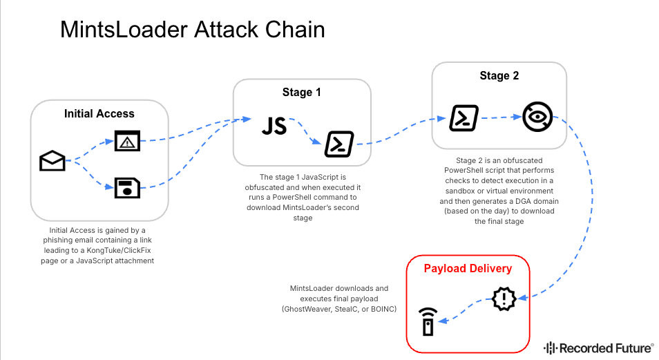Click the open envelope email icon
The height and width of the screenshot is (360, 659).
(52, 161)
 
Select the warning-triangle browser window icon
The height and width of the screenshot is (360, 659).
(127, 141)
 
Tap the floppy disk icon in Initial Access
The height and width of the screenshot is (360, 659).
(127, 188)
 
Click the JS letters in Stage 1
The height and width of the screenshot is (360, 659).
(274, 126)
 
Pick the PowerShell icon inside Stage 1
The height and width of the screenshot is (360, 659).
(339, 144)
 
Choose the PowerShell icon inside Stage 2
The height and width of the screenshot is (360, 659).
(464, 118)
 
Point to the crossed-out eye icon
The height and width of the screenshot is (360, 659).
(537, 117)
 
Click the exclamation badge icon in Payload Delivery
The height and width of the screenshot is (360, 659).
(504, 299)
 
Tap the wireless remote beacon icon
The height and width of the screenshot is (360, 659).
(428, 322)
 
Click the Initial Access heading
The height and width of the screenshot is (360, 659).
(99, 113)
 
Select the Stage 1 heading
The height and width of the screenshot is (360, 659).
(302, 92)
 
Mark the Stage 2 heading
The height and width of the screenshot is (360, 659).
(499, 76)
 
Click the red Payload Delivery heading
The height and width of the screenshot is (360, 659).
(468, 268)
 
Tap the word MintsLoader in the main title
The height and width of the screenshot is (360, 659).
(124, 30)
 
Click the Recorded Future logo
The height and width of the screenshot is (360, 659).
(598, 348)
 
